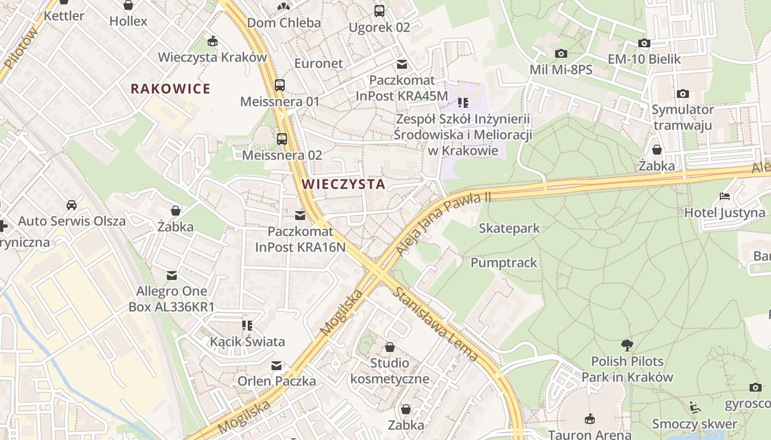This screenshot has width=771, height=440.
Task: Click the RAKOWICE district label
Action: (x=170, y=89)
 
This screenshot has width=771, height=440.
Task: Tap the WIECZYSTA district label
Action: (x=344, y=184)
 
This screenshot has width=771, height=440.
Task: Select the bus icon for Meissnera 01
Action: (x=280, y=85)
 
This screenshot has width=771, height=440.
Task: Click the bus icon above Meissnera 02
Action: (x=282, y=139)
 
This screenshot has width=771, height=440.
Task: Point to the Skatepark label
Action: (x=509, y=228)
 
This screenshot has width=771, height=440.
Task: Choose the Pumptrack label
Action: (x=503, y=263)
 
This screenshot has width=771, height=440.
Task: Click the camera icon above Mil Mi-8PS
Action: (x=561, y=53)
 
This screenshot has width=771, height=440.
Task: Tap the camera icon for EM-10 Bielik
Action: (x=644, y=43)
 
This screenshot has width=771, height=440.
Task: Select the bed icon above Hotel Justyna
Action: (x=725, y=196)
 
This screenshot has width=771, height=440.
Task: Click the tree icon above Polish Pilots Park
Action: (x=627, y=345)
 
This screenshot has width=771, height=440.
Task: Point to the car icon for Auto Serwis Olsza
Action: (x=72, y=205)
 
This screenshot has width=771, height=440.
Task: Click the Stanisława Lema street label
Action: (x=435, y=324)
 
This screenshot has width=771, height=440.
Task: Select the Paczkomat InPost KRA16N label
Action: (x=300, y=239)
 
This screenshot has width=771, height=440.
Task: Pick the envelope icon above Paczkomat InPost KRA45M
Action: (x=402, y=64)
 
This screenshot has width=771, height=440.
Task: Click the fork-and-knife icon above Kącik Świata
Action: (x=247, y=326)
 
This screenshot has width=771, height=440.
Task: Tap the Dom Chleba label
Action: (x=284, y=23)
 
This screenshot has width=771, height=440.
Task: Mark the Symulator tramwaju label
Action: (x=682, y=117)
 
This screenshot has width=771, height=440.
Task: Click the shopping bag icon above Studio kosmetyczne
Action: (x=389, y=347)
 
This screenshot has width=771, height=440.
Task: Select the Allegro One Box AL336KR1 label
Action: (x=171, y=299)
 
